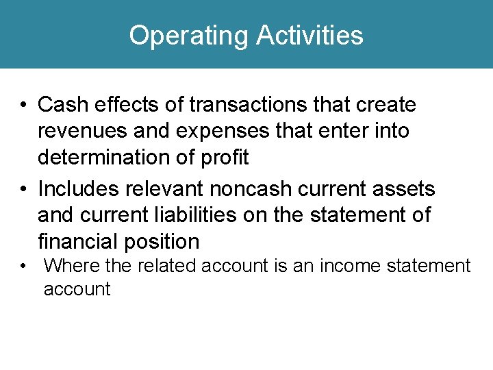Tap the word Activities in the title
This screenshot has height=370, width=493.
[x=309, y=35]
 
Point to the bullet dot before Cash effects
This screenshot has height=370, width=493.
[x=23, y=106]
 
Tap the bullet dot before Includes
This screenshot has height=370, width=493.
[x=23, y=188]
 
